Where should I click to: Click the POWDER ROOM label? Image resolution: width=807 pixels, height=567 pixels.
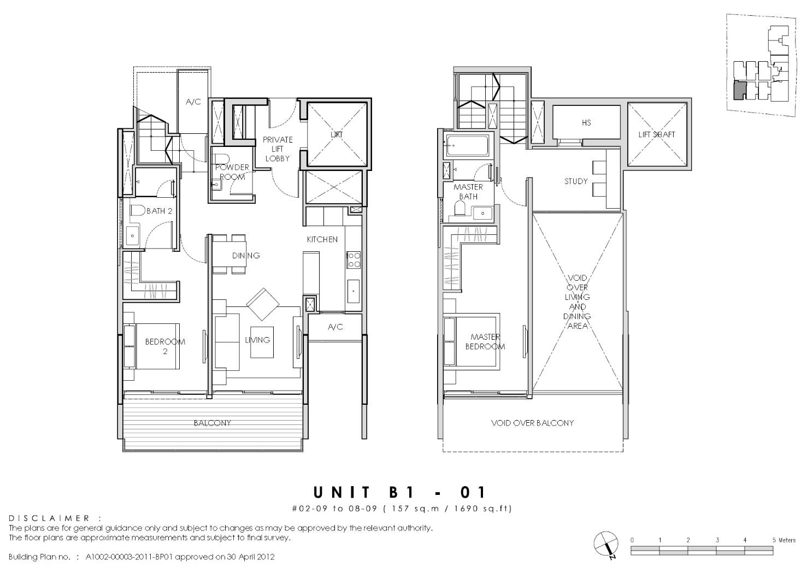pos(232,172)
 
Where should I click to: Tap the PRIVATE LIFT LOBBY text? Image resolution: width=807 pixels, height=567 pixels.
pos(278,149)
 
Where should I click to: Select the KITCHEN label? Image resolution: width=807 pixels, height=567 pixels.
pos(322,240)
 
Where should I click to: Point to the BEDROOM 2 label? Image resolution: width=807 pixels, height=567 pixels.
pos(165,346)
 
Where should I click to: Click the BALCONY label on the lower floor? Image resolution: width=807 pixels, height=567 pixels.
pos(212,423)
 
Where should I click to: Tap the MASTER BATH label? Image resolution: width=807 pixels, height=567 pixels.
pos(468,192)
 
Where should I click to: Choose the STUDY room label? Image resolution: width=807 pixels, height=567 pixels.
pos(576,181)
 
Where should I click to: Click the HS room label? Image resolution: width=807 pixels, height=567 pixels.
pos(586,123)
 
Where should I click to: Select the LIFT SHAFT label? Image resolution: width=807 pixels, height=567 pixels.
pos(656,134)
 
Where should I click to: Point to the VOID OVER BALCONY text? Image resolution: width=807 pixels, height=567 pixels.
pos(532,423)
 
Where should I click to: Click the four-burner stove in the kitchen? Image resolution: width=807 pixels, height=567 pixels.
pos(354,259)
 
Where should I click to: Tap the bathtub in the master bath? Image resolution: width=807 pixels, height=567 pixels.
pos(468,146)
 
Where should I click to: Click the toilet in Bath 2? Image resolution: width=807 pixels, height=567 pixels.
pos(137,210)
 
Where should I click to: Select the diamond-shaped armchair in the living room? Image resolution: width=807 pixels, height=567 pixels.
pos(263,304)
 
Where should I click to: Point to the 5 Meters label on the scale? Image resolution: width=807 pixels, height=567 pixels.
pos(784,540)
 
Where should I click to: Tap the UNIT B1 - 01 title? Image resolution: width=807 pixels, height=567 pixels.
pos(399,492)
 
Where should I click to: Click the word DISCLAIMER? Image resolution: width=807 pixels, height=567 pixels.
pos(49,518)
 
